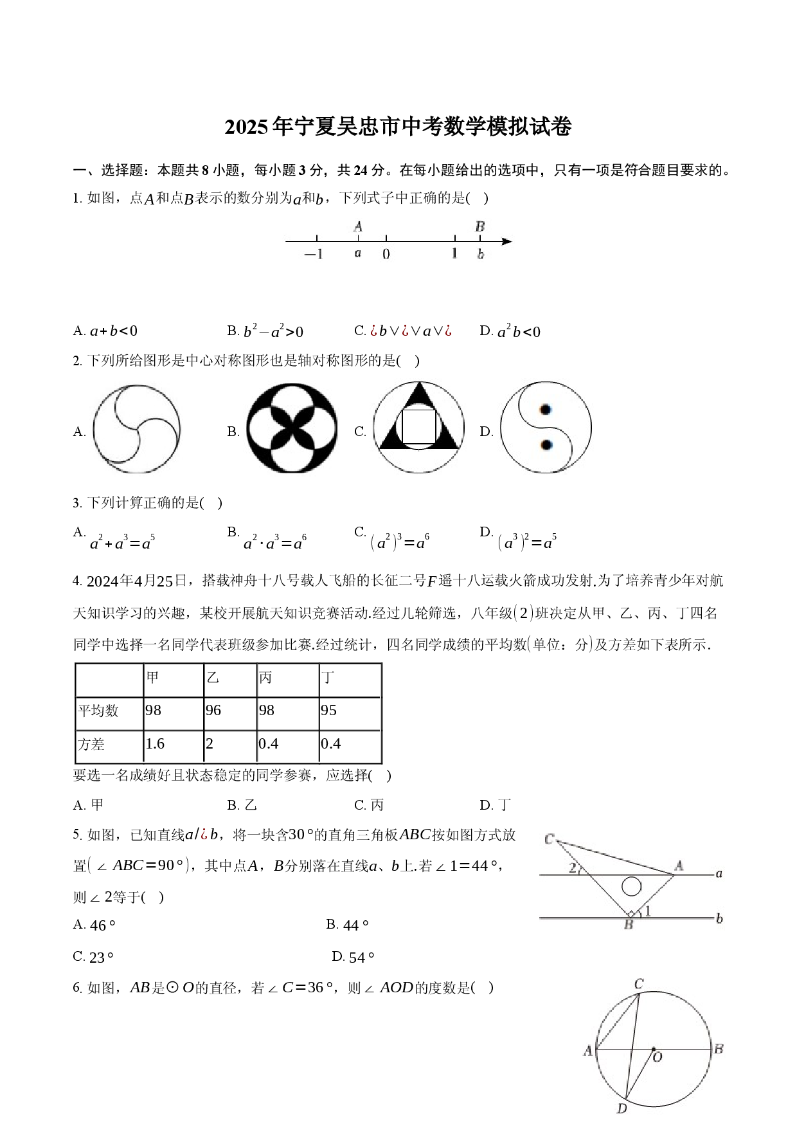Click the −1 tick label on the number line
tap(314, 254)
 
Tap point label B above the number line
tap(479, 226)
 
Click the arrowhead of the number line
tap(506, 242)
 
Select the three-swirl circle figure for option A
tap(136, 429)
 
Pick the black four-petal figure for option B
tap(292, 428)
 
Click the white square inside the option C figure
tap(418, 426)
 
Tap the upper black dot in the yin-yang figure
tap(546, 410)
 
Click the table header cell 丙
tap(265, 677)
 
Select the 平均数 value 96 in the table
tap(213, 711)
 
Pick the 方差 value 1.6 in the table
tap(155, 744)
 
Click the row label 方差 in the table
tap(91, 744)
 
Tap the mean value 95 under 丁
tap(328, 711)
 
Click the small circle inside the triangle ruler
tap(632, 887)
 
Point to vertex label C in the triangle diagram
tap(550, 839)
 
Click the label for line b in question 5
tap(719, 919)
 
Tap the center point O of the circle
tap(654, 1049)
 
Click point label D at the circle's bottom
tap(622, 1108)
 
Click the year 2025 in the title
tap(246, 127)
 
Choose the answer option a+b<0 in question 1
tap(114, 332)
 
